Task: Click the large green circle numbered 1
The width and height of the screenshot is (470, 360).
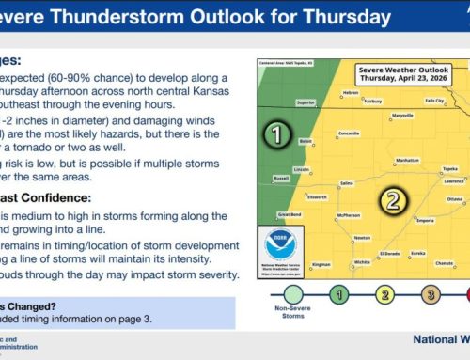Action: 277,134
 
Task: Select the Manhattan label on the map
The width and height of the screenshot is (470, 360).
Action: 406,161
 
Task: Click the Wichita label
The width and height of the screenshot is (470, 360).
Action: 361,262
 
